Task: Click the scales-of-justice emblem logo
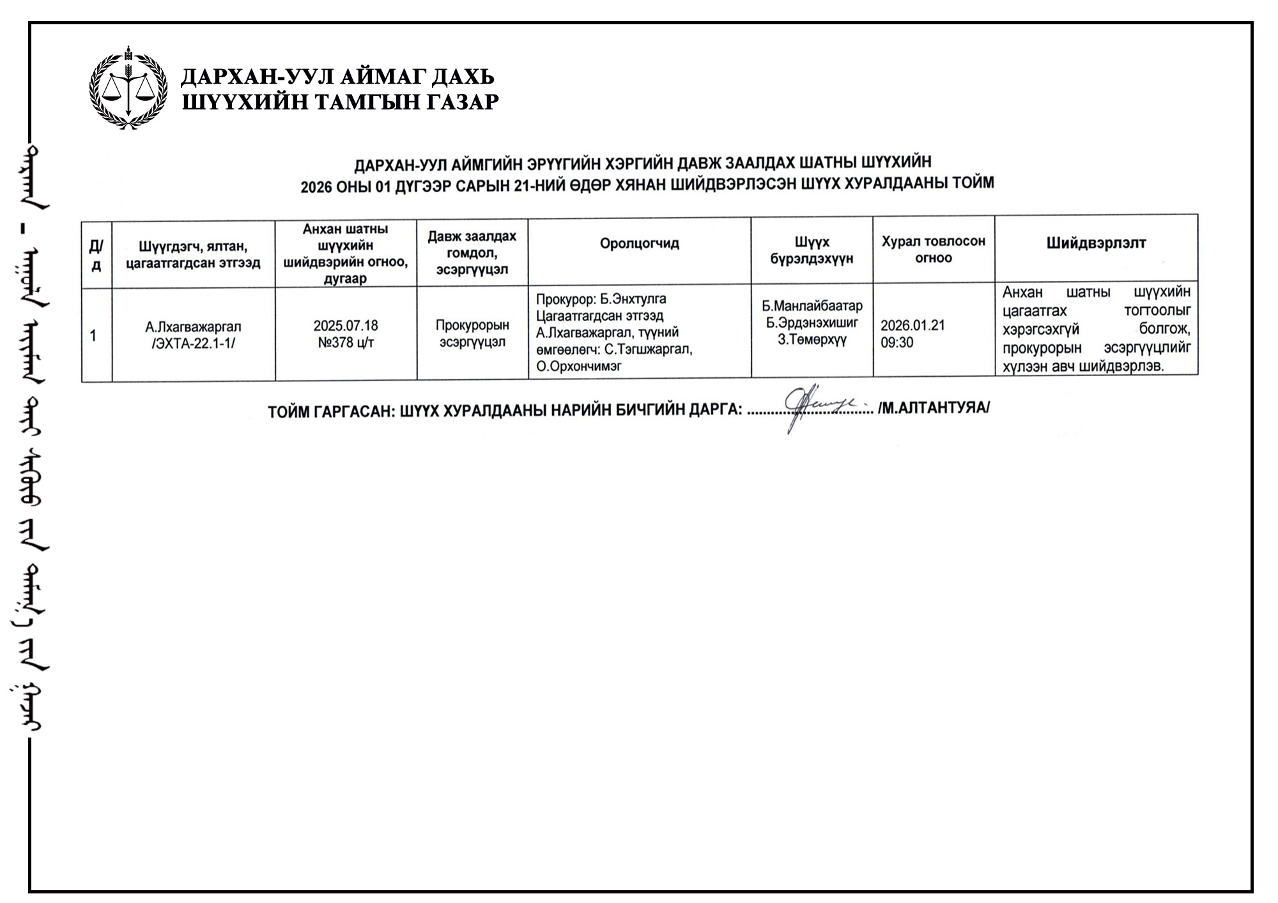[128, 88]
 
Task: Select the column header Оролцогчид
[639, 243]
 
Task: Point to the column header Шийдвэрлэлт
[1096, 243]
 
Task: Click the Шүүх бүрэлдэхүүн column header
[812, 250]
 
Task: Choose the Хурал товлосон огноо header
[934, 250]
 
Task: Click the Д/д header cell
[96, 255]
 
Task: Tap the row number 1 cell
[94, 335]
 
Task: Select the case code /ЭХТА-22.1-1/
[193, 344]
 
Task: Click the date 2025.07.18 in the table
[346, 326]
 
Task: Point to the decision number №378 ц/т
[346, 342]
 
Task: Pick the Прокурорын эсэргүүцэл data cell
[472, 333]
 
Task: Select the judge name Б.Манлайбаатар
[812, 306]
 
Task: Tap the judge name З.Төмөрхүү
[812, 340]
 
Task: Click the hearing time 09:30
[897, 342]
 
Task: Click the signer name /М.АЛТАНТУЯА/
[934, 407]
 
